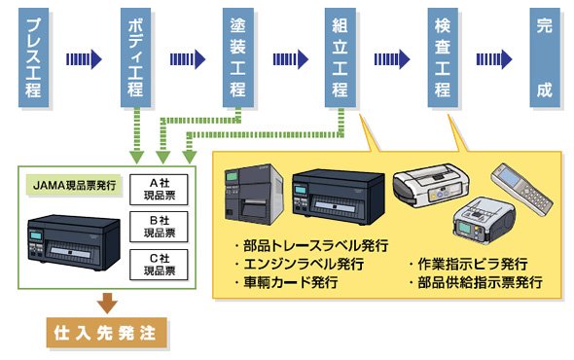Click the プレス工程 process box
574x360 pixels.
tap(34, 58)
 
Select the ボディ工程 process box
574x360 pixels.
tap(136, 58)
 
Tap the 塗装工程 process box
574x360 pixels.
tap(237, 58)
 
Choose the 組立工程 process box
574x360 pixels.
tap(341, 58)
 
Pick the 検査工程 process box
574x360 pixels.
tap(442, 58)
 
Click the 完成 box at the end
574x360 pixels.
tap(544, 58)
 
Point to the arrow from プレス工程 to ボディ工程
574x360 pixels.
tap(84, 59)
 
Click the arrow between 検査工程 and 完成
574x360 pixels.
tap(493, 59)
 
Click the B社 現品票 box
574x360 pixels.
tap(160, 227)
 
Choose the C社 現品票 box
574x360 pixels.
tap(160, 265)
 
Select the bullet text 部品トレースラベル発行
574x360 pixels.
tap(311, 244)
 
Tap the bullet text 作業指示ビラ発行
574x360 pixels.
tap(468, 264)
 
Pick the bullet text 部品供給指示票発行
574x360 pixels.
tap(475, 282)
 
